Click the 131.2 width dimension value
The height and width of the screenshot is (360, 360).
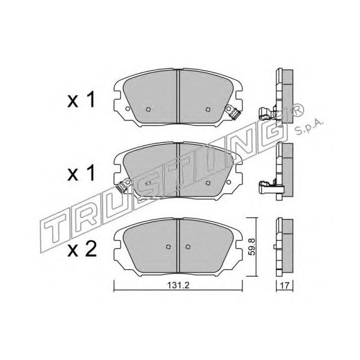(x=178, y=286)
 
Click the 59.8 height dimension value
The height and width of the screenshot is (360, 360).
(x=252, y=247)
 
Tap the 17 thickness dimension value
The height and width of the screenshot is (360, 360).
(x=284, y=286)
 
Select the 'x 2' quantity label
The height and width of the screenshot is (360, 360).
(x=82, y=250)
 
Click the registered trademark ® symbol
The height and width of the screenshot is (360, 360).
(x=297, y=110)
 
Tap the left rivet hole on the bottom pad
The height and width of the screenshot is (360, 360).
(x=168, y=247)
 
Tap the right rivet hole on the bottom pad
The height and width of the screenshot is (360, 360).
(x=188, y=247)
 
